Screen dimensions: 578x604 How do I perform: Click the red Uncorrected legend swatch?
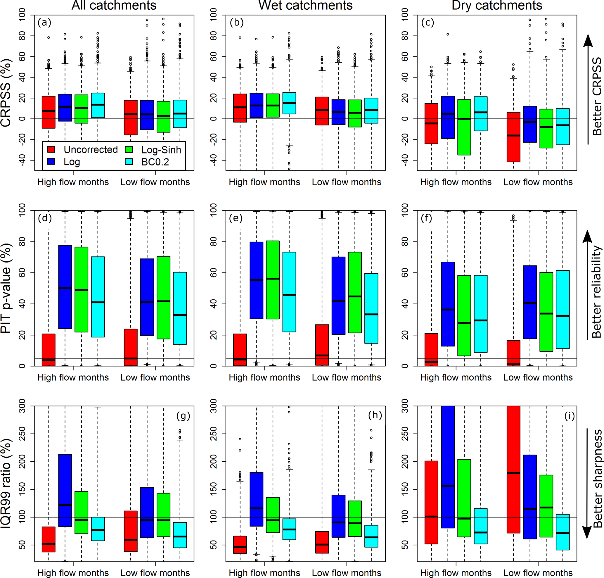tap(51, 149)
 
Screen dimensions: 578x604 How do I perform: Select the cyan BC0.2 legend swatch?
tap(129, 161)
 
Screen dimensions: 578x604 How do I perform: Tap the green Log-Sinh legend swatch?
tap(129, 149)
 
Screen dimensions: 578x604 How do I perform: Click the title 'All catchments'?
tap(114, 5)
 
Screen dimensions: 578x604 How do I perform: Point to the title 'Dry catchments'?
tap(496, 5)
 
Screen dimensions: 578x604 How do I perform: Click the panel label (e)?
tap(236, 218)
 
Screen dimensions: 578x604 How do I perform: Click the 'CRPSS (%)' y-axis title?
tap(6, 92)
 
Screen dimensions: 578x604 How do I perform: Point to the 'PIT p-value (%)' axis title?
tap(6, 288)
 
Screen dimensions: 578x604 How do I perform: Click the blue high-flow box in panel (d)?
tap(65, 287)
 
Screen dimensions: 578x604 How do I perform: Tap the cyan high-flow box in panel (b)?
tap(289, 103)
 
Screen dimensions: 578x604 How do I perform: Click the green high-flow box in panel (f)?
tap(464, 315)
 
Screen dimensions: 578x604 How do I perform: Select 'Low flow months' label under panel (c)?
tap(538, 182)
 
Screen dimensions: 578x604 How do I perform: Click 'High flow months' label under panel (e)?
tap(264, 377)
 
